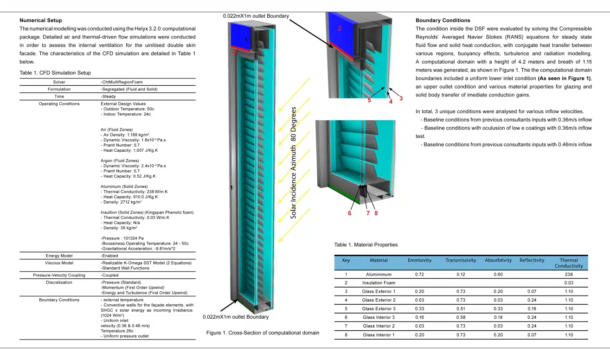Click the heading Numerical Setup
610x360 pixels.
point(41,20)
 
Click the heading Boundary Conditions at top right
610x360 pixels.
point(443,20)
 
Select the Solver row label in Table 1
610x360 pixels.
point(59,82)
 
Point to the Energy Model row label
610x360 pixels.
point(59,256)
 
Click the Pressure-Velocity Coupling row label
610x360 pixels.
point(59,275)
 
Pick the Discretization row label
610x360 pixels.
point(59,282)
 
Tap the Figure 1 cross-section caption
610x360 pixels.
point(263,333)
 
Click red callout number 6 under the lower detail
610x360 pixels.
point(349,213)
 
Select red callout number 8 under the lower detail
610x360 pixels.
point(376,213)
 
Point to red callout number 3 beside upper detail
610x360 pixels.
point(401,98)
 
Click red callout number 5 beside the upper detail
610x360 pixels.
point(369,100)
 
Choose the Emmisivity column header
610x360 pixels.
point(419,260)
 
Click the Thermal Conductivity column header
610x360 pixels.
point(569,263)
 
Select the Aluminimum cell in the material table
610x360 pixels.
point(379,275)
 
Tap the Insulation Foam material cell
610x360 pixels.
point(379,283)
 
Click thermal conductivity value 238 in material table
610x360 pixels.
point(569,275)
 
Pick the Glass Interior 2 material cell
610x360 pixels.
point(379,326)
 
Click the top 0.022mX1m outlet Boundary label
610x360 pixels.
point(256,16)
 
